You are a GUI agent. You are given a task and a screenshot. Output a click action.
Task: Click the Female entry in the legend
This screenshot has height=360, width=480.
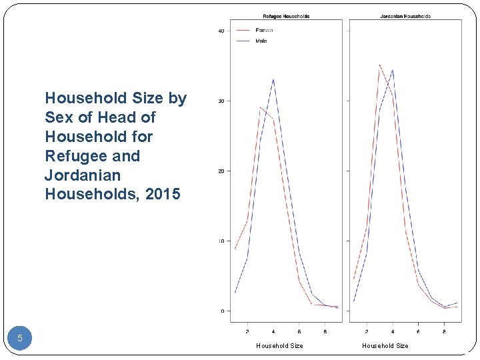click(x=264, y=30)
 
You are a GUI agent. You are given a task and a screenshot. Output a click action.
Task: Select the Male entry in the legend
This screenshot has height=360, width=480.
click(x=261, y=41)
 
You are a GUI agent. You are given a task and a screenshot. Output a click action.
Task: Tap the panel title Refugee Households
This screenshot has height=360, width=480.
click(x=286, y=16)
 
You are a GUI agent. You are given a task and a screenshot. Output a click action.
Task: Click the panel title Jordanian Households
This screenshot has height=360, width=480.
click(x=405, y=16)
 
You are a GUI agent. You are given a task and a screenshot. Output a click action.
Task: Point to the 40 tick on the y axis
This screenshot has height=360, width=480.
click(x=220, y=31)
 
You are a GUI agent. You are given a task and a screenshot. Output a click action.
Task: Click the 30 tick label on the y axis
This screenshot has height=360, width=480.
click(x=220, y=101)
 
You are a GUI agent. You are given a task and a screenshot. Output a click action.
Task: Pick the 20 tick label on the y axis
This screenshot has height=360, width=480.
click(x=220, y=171)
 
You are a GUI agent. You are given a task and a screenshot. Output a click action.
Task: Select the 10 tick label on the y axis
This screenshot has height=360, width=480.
click(x=220, y=241)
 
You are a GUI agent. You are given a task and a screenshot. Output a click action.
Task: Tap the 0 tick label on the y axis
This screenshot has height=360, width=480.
click(x=221, y=311)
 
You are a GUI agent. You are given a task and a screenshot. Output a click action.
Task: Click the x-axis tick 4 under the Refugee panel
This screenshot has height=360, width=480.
click(x=273, y=331)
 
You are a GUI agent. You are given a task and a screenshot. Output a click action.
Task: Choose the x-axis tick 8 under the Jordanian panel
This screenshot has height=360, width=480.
click(x=444, y=331)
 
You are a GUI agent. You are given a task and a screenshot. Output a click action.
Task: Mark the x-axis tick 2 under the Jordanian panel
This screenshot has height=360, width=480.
click(x=367, y=331)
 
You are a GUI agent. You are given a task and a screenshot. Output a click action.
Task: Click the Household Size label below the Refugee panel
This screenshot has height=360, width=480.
click(x=279, y=345)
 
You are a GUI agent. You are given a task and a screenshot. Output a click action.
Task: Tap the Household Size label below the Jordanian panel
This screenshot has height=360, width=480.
click(x=385, y=345)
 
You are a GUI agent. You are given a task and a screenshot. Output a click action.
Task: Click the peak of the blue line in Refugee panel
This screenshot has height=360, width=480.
click(x=273, y=79)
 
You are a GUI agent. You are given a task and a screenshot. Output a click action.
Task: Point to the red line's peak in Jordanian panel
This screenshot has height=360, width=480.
click(x=379, y=65)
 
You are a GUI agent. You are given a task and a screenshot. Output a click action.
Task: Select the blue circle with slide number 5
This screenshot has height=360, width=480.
click(x=20, y=338)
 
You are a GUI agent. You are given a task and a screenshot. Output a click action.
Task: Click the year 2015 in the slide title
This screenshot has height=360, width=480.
click(x=164, y=194)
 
